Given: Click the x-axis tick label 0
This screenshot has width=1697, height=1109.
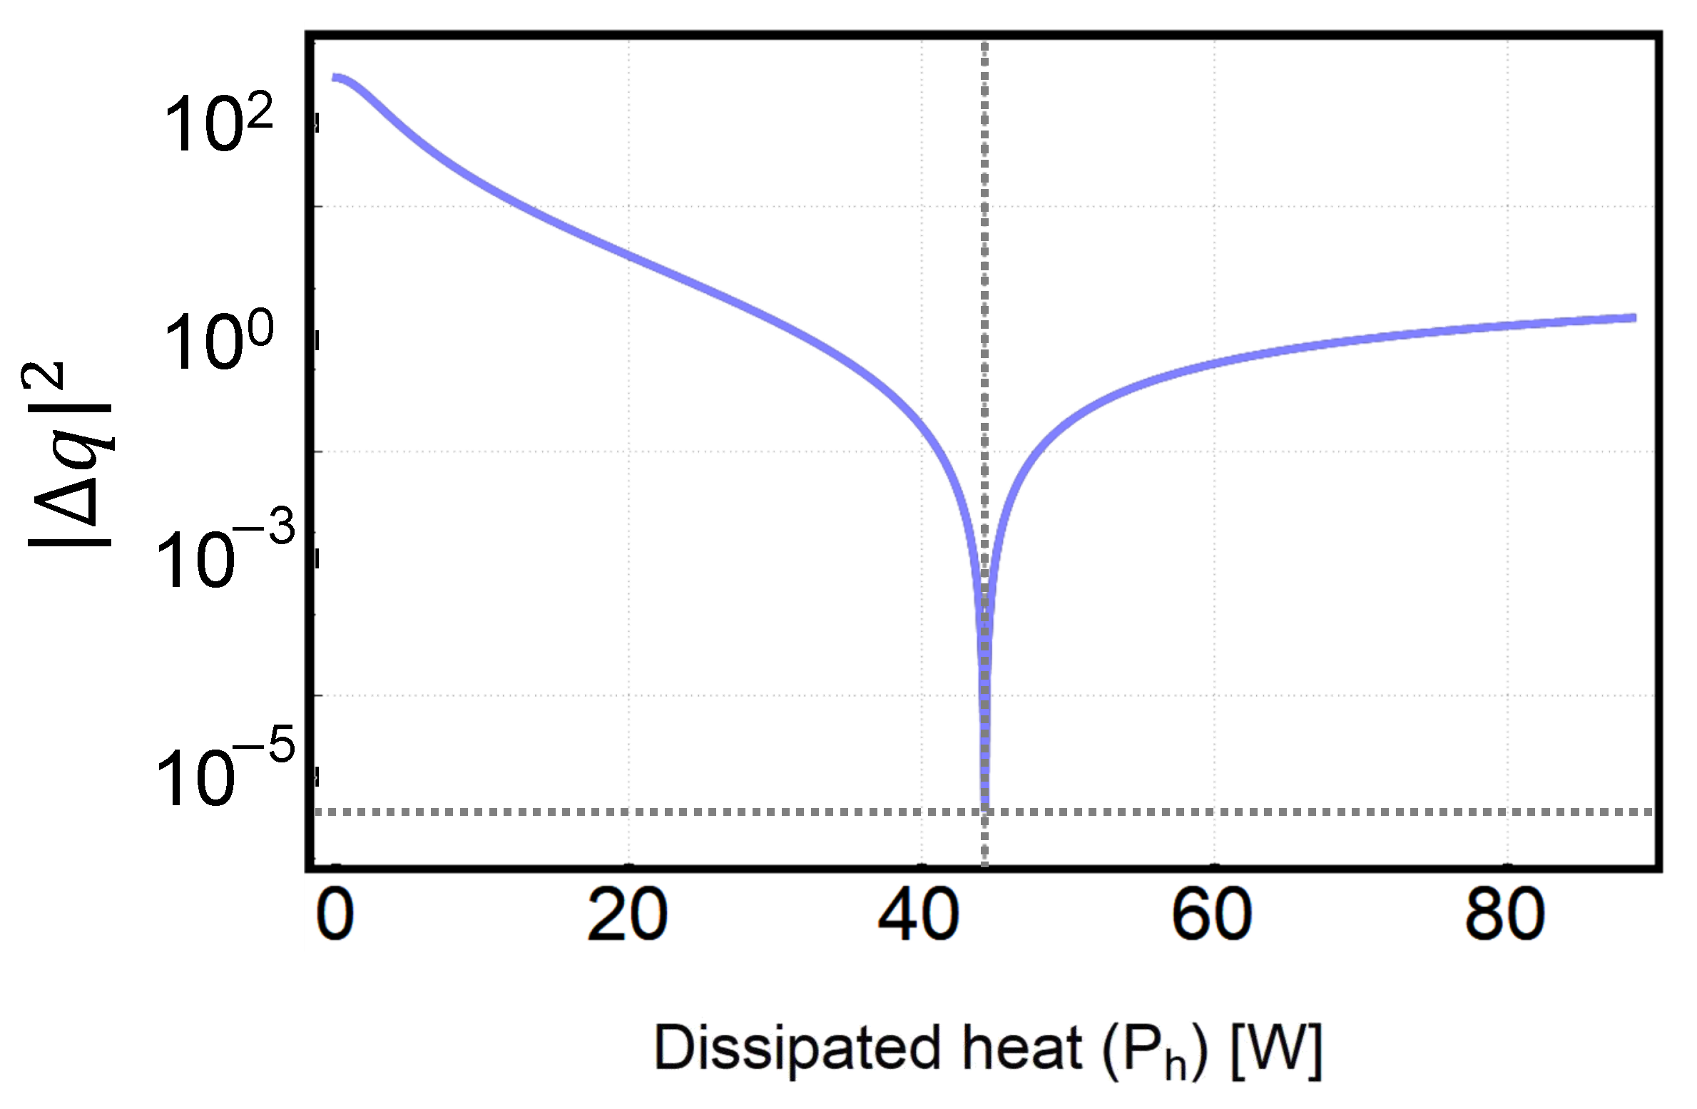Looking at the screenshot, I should [335, 916].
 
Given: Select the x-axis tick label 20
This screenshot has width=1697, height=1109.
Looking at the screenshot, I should [627, 916].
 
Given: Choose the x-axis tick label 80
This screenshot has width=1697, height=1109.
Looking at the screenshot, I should [1504, 916].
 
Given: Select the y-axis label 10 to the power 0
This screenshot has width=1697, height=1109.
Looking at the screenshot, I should [218, 341].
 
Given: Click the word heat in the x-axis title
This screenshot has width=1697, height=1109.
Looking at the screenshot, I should [1022, 1048].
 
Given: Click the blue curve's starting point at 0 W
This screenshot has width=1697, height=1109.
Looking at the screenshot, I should [334, 77].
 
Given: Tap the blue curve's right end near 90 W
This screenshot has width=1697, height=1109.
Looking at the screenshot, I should [1634, 317].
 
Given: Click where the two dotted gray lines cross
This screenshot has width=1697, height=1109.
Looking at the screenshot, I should [984, 812].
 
